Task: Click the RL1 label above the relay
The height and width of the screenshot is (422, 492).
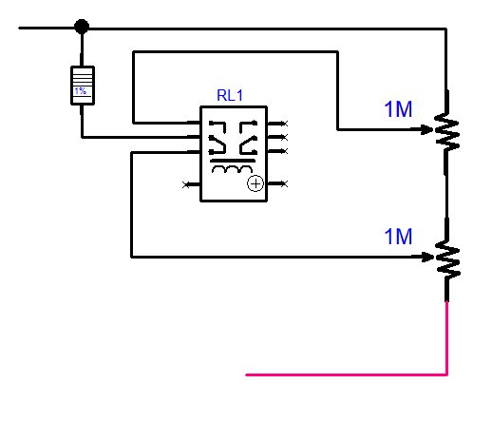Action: [x=230, y=95]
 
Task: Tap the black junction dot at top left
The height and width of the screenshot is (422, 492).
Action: [x=82, y=27]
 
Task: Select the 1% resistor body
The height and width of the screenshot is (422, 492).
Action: [x=83, y=86]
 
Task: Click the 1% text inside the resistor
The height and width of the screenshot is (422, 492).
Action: [x=80, y=91]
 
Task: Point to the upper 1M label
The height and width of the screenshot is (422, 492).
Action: [x=398, y=109]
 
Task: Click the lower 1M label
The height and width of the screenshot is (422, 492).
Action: [x=398, y=237]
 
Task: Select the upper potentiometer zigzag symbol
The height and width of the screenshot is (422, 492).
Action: [x=446, y=131]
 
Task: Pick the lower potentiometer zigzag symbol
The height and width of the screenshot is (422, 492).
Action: [x=447, y=259]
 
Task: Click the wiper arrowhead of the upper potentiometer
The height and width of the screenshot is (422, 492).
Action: [x=427, y=129]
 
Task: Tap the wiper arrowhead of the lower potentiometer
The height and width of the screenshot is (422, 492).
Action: [x=427, y=257]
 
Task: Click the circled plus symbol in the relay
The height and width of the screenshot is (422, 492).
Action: [x=255, y=183]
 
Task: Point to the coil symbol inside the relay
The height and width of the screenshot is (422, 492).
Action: [x=232, y=169]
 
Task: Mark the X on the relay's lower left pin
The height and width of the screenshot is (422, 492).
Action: [x=186, y=184]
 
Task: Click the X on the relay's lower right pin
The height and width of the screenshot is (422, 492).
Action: [x=284, y=183]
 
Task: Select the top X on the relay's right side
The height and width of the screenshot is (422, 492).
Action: [x=285, y=124]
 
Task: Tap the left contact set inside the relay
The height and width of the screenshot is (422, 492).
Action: [x=218, y=137]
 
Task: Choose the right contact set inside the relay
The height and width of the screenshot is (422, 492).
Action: [x=248, y=137]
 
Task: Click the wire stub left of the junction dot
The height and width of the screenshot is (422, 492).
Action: [x=47, y=28]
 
